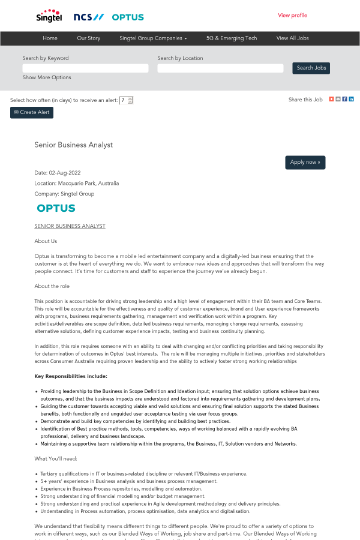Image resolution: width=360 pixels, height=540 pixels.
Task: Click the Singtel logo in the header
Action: tap(49, 16)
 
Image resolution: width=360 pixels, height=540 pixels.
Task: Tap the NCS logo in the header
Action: tap(88, 17)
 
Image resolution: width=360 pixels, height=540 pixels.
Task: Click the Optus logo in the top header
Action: tap(128, 17)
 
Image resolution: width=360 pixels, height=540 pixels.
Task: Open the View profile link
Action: tap(292, 15)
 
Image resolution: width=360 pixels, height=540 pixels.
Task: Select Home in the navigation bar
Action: tap(50, 38)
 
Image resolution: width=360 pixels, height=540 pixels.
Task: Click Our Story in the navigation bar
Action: tap(89, 38)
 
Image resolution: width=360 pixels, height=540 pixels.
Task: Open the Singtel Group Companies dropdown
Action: tap(153, 38)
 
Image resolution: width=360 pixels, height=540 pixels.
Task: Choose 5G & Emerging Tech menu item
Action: tap(232, 38)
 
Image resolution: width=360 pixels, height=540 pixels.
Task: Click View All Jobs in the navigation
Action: tap(292, 38)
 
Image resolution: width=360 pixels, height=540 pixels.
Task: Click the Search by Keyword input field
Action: tap(85, 68)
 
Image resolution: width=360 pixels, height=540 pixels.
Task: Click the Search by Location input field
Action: tap(220, 68)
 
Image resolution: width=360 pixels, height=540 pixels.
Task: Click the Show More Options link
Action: tap(47, 77)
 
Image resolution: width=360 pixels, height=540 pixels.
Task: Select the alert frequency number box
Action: tap(124, 100)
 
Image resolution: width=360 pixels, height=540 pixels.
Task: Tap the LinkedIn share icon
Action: tap(352, 99)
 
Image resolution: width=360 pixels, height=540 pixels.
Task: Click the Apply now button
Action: tap(305, 162)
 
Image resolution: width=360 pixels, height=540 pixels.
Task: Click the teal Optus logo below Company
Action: tap(56, 208)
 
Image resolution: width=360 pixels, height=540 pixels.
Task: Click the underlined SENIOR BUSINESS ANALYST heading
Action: tap(70, 226)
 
